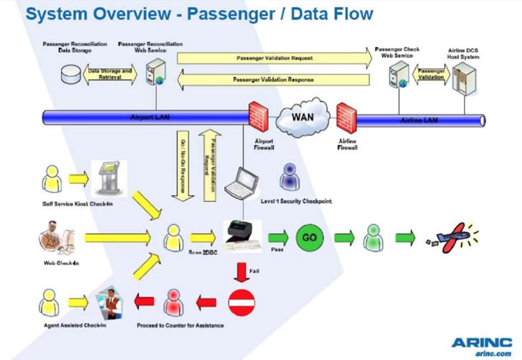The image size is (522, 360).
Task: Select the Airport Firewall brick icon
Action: click(258, 119)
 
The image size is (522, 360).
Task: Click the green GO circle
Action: click(310, 237)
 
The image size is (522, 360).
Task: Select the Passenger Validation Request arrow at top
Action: click(274, 58)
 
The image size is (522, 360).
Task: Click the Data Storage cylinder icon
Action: click(70, 74)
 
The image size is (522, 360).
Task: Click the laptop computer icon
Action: click(241, 183)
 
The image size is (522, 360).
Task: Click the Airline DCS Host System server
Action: click(465, 77)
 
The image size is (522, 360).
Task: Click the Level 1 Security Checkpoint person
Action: click(289, 177)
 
